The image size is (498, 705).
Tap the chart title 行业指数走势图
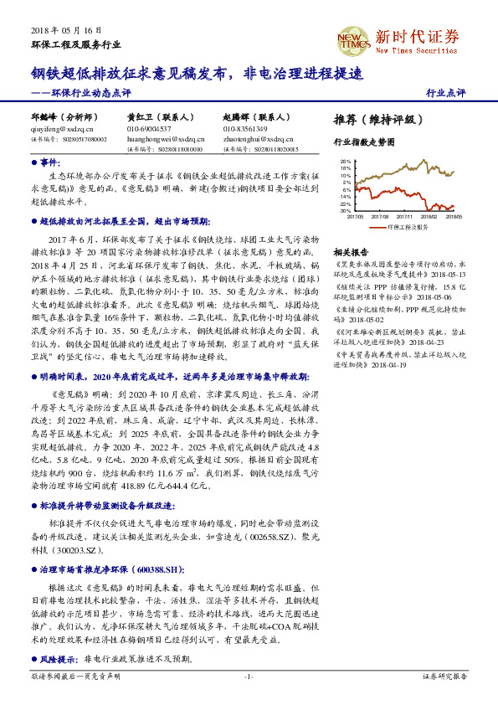point(363,142)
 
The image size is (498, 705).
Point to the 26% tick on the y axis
point(346,161)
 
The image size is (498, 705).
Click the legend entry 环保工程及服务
point(408,226)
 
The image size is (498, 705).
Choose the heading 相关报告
point(350,252)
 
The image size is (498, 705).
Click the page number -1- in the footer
point(249,677)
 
